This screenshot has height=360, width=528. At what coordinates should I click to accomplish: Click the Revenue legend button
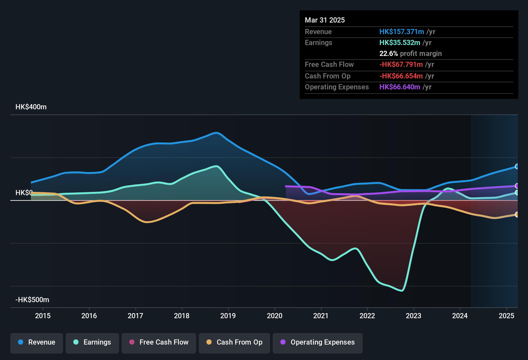(37, 342)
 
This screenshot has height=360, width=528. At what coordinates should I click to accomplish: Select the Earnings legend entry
(92, 342)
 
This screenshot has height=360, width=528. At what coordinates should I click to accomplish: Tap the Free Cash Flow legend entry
(159, 342)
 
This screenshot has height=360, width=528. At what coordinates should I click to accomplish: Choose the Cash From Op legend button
(234, 342)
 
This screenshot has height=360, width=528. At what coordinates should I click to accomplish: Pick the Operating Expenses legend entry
(318, 342)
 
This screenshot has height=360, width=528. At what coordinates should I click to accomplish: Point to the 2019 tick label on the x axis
(228, 316)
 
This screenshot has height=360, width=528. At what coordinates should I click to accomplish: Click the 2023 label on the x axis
(414, 316)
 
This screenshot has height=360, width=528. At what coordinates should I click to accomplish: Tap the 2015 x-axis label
(43, 316)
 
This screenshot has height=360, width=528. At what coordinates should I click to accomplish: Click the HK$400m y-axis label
(31, 107)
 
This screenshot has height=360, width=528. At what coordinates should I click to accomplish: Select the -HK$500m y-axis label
(32, 300)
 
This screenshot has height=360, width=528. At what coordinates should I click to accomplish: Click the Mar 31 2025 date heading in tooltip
(325, 20)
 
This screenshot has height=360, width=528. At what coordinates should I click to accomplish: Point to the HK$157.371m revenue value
(402, 32)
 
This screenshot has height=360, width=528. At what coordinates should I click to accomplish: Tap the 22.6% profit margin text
(410, 53)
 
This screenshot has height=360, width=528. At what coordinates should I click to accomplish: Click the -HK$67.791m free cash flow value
(401, 64)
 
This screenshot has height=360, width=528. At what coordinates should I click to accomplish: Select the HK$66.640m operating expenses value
(400, 87)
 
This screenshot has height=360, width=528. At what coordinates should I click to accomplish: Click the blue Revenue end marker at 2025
(517, 166)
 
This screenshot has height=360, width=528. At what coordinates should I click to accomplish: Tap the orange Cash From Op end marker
(517, 214)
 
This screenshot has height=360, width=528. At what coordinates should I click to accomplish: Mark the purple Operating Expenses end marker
(517, 186)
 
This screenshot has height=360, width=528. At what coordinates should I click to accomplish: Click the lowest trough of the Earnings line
(402, 291)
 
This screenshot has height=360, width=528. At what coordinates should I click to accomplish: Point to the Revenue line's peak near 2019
(216, 132)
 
